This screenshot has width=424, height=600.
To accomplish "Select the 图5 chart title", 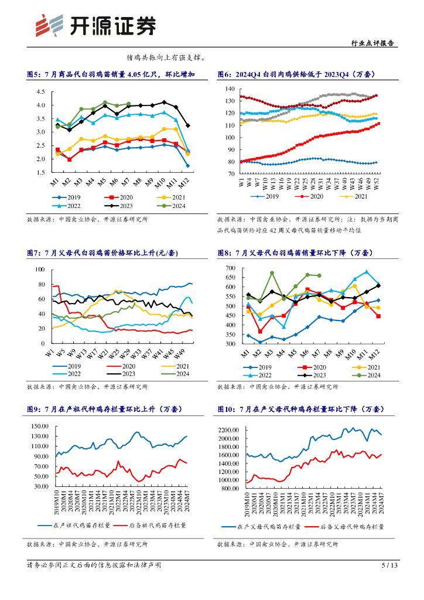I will coord(111,74).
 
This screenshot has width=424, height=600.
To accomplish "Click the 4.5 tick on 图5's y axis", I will coord(40,92).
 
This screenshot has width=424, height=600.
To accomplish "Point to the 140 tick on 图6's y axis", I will coord(229,89).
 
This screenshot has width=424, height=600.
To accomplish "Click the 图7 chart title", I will coord(102,253).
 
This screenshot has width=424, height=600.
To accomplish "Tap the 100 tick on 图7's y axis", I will coord(40,270).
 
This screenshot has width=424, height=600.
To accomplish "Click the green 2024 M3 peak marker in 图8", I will coord(272,273).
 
